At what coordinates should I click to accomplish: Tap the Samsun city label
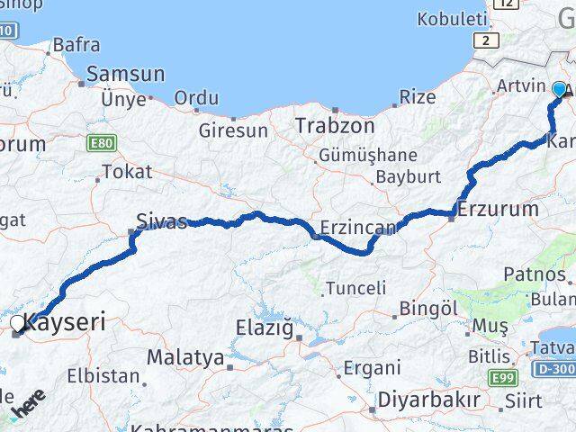(126, 75)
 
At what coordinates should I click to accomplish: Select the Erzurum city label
(498, 210)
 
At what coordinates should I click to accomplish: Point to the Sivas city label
(162, 220)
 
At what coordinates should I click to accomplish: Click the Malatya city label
(185, 357)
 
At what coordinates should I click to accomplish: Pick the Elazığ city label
(265, 328)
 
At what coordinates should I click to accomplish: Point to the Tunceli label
(356, 288)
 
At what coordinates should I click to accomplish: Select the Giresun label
(234, 130)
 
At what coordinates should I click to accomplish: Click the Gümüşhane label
(368, 155)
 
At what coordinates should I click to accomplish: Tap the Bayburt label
(408, 176)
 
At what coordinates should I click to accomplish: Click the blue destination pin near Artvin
(560, 90)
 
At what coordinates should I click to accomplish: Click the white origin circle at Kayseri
(19, 322)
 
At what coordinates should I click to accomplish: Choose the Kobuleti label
(451, 18)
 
